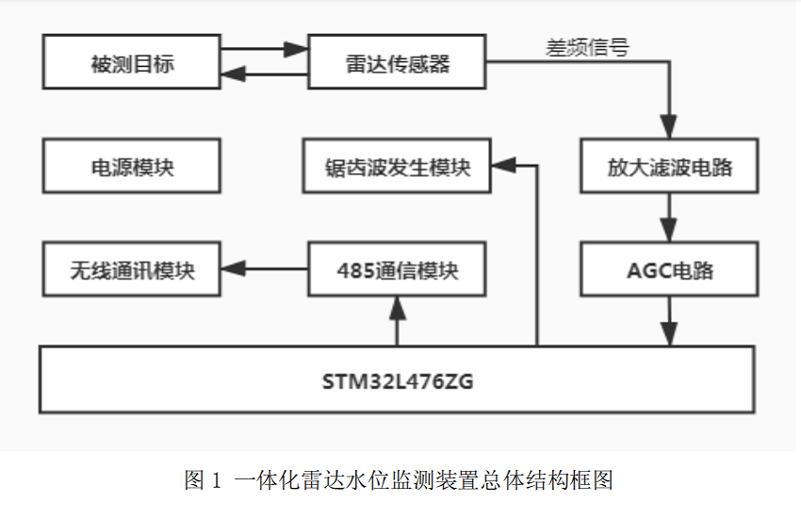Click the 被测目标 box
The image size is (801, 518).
click(132, 63)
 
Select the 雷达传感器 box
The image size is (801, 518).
click(397, 63)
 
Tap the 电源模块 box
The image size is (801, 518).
click(132, 168)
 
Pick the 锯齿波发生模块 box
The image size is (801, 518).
click(397, 168)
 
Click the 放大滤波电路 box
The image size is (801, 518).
click(669, 168)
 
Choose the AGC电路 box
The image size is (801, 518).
click(669, 270)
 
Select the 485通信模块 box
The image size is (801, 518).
click(397, 270)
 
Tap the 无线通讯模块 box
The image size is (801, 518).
click(132, 270)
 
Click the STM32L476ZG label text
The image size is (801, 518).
click(397, 380)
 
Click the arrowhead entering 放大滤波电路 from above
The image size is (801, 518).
click(669, 130)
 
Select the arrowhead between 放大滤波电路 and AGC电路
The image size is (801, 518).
click(669, 232)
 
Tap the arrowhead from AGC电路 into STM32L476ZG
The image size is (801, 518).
click(669, 334)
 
